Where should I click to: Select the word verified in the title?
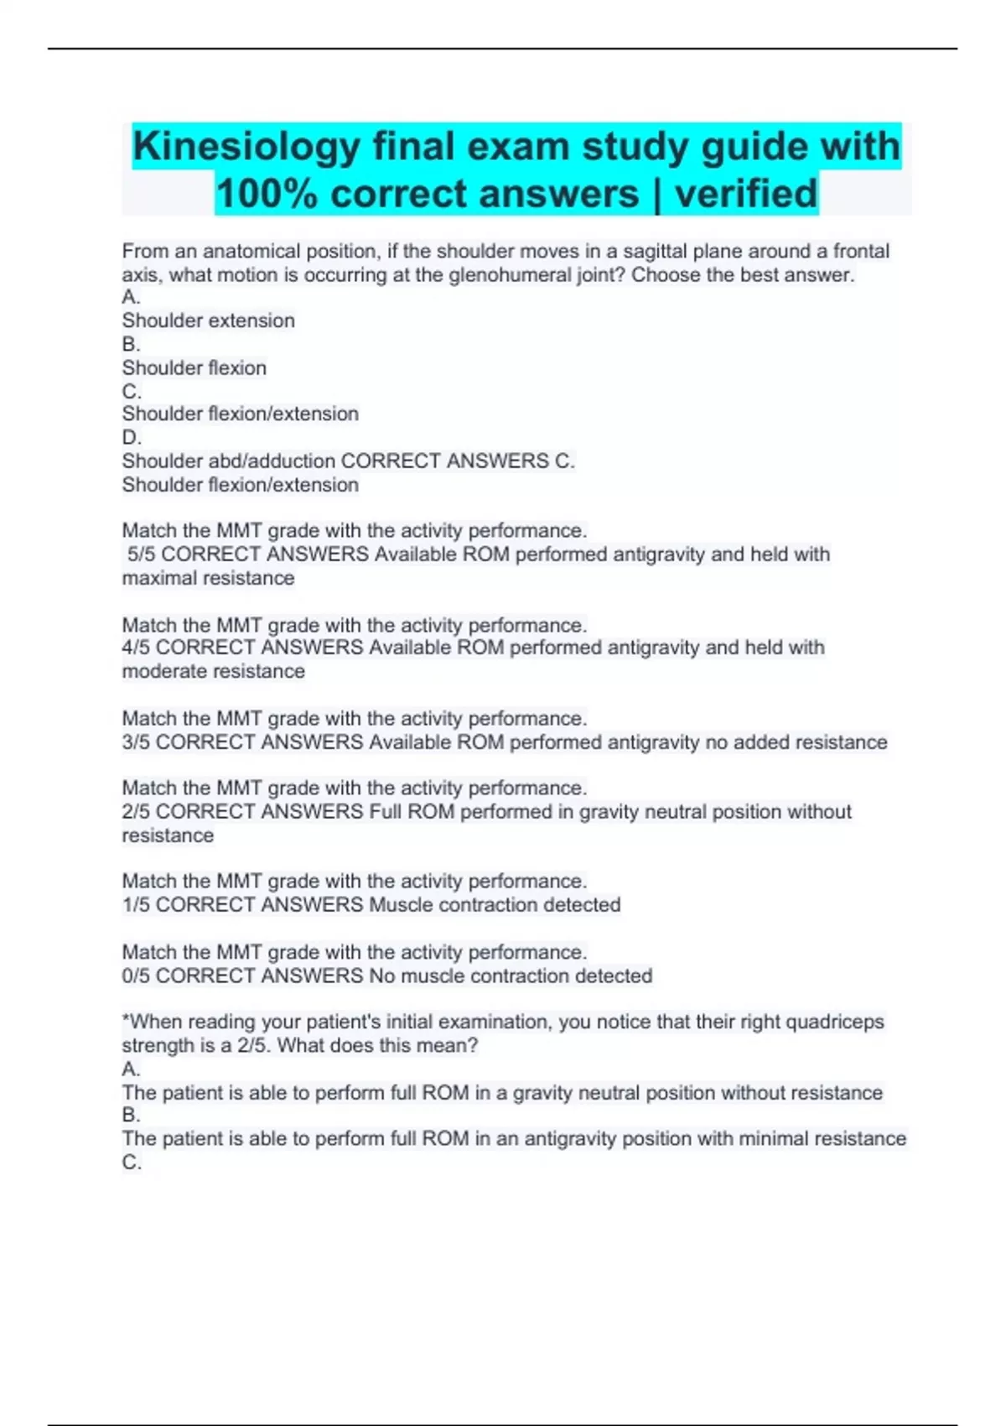pos(745,194)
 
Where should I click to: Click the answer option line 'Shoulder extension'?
pos(208,321)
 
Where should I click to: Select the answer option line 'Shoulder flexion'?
pos(194,368)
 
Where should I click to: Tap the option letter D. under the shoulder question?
pos(132,438)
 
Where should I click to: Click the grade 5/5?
pos(142,554)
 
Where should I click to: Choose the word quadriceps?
pos(834,1022)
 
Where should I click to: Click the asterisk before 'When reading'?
pos(126,1020)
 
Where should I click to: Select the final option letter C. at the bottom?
pos(132,1163)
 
